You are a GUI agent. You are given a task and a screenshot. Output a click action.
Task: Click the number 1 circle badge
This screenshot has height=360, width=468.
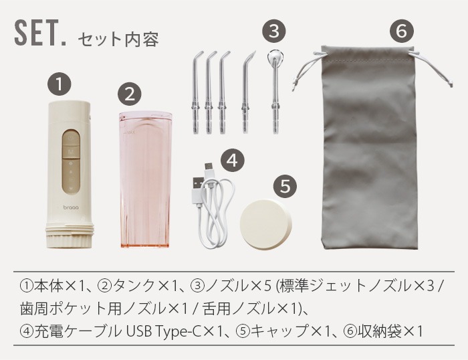tap(60, 85)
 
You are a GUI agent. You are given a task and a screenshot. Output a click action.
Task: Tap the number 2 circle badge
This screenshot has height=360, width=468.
tap(130, 95)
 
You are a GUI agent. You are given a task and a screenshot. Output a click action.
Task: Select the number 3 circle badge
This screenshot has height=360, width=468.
tap(274, 31)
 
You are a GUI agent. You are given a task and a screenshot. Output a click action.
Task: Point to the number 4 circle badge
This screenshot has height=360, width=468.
tap(233, 161)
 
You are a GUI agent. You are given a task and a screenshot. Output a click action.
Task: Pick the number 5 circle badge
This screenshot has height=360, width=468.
tap(285, 187)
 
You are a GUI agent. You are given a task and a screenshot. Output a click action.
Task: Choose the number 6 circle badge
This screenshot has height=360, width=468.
tap(402, 31)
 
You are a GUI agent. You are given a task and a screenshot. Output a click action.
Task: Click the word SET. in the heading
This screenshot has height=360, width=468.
tap(40, 33)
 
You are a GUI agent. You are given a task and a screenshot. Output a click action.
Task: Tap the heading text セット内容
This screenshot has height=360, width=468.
tap(118, 39)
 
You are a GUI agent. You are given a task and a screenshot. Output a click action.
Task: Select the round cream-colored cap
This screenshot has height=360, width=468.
tap(265, 225)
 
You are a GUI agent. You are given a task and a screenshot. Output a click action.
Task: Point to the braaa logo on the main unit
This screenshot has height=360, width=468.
tap(71, 207)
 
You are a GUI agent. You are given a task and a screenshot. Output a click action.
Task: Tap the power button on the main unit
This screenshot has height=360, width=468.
tap(71, 139)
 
